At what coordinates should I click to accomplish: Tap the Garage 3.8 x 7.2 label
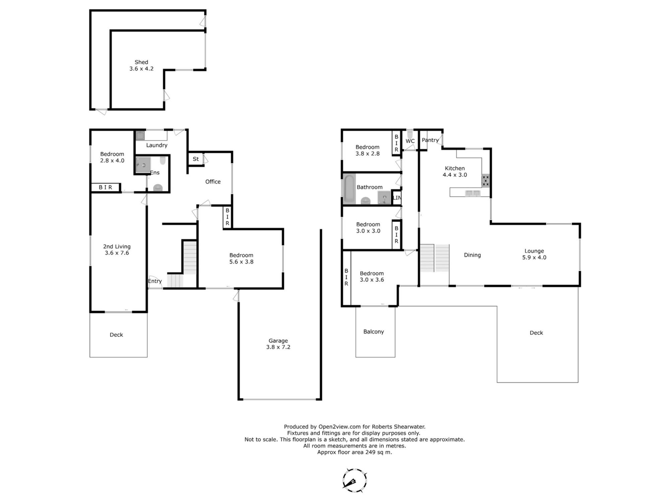[x=278, y=344]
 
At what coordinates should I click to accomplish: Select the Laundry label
[x=156, y=145]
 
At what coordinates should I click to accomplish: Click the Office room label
[x=213, y=182]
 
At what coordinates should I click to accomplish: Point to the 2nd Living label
[x=117, y=247]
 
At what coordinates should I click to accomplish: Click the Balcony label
[x=374, y=332]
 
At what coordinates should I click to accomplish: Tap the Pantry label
[x=430, y=140]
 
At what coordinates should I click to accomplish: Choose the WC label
[x=410, y=141]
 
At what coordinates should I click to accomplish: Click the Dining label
[x=472, y=255]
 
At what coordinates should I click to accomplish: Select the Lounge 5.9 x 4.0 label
[x=534, y=254]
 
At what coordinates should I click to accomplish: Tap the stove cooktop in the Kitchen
[x=486, y=181]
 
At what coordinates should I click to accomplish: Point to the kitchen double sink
[x=472, y=193]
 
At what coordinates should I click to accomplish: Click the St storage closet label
[x=196, y=159]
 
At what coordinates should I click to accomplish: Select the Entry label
[x=155, y=281]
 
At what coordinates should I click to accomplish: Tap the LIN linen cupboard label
[x=397, y=198]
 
